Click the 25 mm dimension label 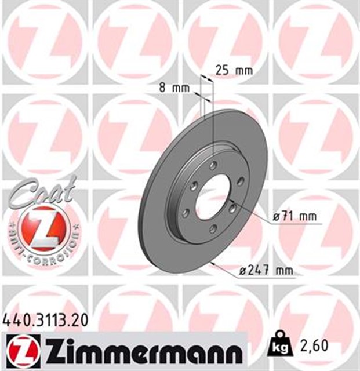point(234,71)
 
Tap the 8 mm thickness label point(174,88)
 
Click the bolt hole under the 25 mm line point(213,166)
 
